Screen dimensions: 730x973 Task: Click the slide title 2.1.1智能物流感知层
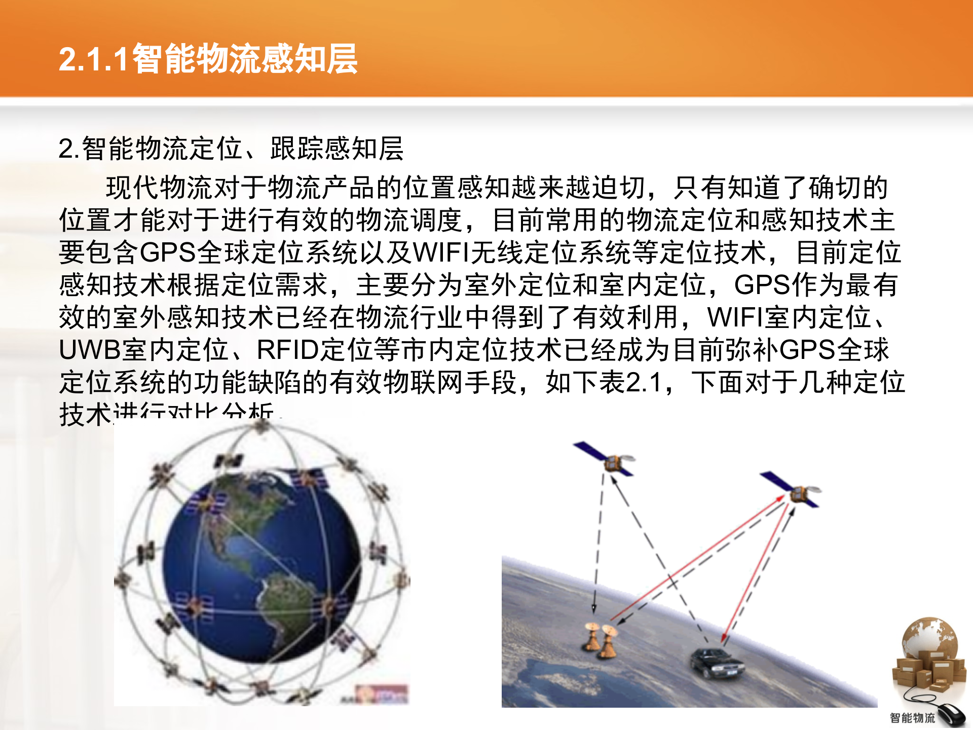(208, 59)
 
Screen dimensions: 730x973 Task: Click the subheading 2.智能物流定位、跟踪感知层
(231, 149)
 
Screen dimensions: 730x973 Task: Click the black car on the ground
(716, 663)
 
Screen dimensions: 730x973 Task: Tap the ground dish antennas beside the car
(601, 641)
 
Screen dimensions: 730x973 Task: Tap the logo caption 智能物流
(912, 718)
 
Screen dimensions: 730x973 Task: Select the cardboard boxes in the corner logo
(927, 669)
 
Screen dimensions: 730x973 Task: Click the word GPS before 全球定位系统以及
(168, 252)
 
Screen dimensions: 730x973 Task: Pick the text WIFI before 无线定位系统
(441, 252)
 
